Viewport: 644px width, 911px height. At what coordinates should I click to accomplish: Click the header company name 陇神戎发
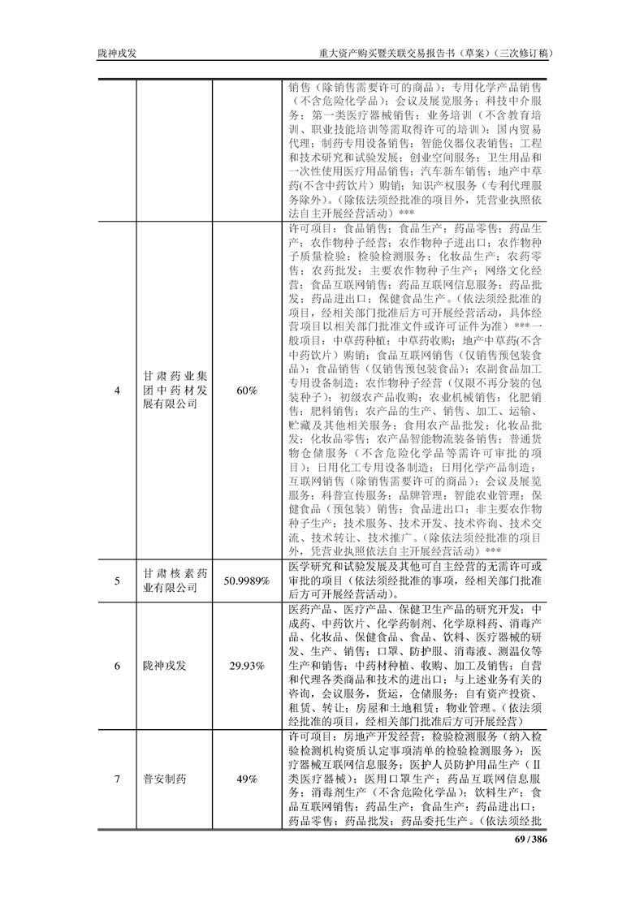click(x=117, y=54)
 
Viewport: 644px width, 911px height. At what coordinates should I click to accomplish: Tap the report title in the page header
click(x=437, y=54)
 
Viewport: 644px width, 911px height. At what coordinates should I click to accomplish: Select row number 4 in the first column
click(x=117, y=391)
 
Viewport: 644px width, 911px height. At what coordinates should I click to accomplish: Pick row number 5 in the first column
click(x=117, y=581)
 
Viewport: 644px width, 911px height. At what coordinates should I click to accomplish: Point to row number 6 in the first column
click(x=117, y=666)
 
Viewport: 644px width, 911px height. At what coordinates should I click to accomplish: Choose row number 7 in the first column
click(x=117, y=779)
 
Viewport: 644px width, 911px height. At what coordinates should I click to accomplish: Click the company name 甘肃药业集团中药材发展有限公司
click(x=175, y=391)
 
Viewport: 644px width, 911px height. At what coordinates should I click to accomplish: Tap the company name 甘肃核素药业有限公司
click(x=175, y=581)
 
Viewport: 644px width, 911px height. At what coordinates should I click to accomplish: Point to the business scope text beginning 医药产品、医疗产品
click(x=417, y=665)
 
